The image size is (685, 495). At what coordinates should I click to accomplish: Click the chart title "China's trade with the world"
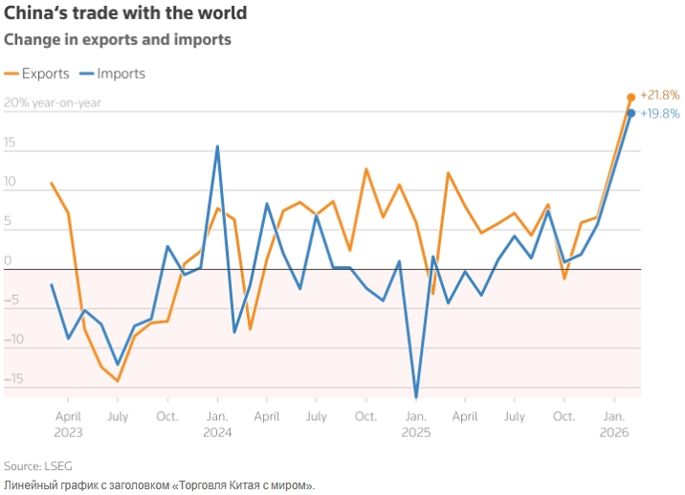pos(125,14)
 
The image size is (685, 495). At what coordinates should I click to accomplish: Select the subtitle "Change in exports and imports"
pos(118,40)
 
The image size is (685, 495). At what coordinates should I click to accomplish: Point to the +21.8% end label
pos(659,95)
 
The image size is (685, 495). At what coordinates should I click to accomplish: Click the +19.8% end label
pos(659,113)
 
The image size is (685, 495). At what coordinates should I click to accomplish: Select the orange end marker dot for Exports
pos(630,98)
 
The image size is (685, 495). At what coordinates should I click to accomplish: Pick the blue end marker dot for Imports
pos(630,113)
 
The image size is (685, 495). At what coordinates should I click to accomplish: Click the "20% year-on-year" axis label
pos(53,103)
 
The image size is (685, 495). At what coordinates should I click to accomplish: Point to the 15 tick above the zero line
pos(11,143)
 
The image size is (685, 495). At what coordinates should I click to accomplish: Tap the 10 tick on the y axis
pos(11,182)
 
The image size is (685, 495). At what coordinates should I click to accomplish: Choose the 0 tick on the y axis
pos(8,260)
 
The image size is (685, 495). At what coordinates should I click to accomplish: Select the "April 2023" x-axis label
pos(68,424)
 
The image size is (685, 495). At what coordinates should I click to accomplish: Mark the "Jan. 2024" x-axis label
pos(217,424)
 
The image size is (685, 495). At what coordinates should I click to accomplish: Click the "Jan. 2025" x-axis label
pos(415,424)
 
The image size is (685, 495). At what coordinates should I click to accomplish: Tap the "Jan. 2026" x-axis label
pos(613,424)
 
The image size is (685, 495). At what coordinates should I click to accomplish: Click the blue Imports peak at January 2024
pos(217,146)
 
